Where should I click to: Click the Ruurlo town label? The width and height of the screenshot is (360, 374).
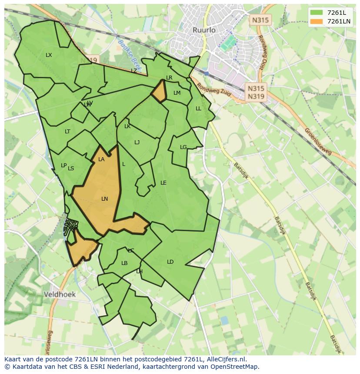(x=204, y=30)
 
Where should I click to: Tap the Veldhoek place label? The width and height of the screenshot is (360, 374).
(x=60, y=294)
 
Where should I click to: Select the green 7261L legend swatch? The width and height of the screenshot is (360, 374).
(x=317, y=13)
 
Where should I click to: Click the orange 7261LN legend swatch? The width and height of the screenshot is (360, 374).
(x=317, y=21)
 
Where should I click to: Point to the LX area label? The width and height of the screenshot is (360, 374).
(x=49, y=55)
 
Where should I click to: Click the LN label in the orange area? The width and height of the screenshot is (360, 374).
(x=104, y=199)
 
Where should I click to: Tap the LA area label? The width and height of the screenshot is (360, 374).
(x=101, y=159)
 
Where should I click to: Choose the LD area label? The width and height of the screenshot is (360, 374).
(x=170, y=262)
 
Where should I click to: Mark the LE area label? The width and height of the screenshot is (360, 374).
(x=163, y=183)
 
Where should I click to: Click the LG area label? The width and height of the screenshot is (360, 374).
(x=183, y=147)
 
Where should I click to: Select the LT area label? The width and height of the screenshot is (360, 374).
(x=67, y=132)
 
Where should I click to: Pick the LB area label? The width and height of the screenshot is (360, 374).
(x=124, y=263)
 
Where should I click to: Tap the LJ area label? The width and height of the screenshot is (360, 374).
(x=137, y=142)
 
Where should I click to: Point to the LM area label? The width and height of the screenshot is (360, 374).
(x=177, y=93)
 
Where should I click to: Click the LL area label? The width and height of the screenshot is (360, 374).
(x=198, y=109)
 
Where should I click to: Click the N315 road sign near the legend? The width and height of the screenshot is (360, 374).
(x=260, y=20)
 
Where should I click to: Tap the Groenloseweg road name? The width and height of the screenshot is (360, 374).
(x=318, y=141)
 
